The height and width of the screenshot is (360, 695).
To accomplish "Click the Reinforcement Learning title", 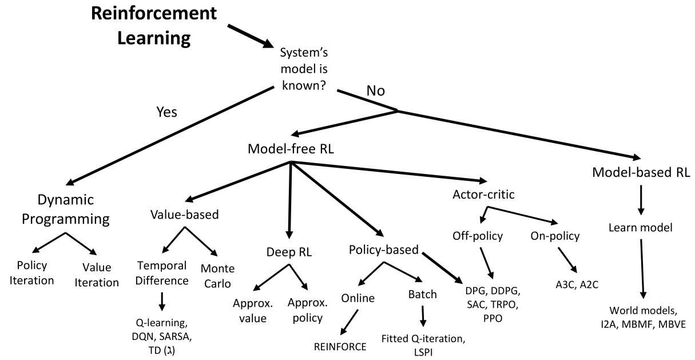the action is [x=154, y=26].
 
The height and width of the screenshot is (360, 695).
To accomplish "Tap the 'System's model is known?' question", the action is [x=304, y=69].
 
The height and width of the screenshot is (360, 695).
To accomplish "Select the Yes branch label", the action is [x=166, y=112].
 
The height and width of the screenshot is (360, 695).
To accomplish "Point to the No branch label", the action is [x=375, y=90].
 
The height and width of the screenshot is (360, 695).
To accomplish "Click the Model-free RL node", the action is [x=291, y=149].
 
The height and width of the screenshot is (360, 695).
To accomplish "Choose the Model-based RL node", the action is [x=641, y=172].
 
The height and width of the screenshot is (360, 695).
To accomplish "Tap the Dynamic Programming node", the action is [x=66, y=209].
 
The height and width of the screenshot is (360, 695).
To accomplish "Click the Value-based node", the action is [x=185, y=215].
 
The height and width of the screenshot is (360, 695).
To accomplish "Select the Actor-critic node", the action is [x=483, y=195].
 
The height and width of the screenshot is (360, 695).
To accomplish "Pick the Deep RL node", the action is [x=289, y=252].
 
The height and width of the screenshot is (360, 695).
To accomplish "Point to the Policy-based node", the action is [x=384, y=250].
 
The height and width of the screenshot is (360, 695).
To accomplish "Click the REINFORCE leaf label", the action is [x=340, y=347].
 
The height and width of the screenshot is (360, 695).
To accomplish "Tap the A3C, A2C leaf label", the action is [x=577, y=284].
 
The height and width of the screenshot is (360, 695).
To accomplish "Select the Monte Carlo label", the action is [x=217, y=276].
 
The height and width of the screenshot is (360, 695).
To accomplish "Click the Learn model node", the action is [x=641, y=227].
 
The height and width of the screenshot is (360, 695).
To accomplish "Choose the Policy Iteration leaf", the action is [x=31, y=273].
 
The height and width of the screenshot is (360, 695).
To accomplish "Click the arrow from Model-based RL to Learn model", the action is [x=641, y=200].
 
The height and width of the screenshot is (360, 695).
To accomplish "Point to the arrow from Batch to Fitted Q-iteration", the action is [x=423, y=317].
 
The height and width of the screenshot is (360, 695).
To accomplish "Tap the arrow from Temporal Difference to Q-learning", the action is [x=162, y=302].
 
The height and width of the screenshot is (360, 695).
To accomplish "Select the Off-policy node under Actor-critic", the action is [x=478, y=236].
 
